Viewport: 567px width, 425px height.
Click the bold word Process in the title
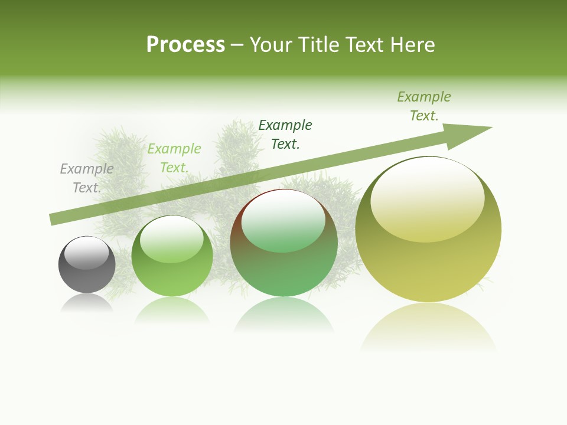pos(185,45)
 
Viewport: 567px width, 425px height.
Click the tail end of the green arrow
pos(54,219)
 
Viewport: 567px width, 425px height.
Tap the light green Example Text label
pos(174,158)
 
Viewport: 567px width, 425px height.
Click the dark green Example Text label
pos(285,135)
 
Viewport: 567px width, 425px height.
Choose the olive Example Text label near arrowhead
pos(424,106)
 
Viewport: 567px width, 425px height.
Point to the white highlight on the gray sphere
pos(86,252)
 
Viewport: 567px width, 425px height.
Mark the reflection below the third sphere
pos(284,315)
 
